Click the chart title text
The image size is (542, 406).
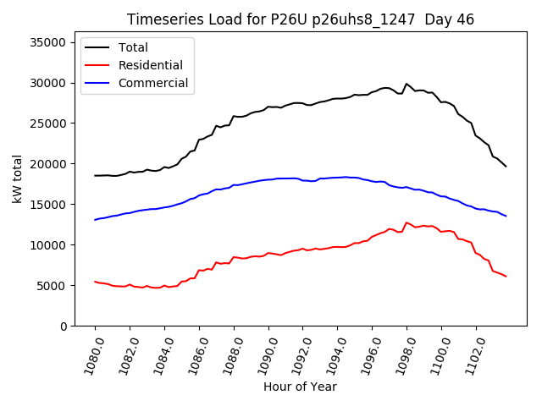(x=301, y=19)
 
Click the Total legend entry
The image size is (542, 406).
(x=133, y=47)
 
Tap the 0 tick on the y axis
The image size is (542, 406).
(x=63, y=326)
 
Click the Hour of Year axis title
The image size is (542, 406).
(x=301, y=387)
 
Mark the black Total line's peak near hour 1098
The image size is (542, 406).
(x=406, y=84)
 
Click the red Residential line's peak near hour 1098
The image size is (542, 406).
(x=406, y=222)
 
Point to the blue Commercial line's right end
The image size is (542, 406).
(x=506, y=216)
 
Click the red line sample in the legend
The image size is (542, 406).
(x=98, y=65)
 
